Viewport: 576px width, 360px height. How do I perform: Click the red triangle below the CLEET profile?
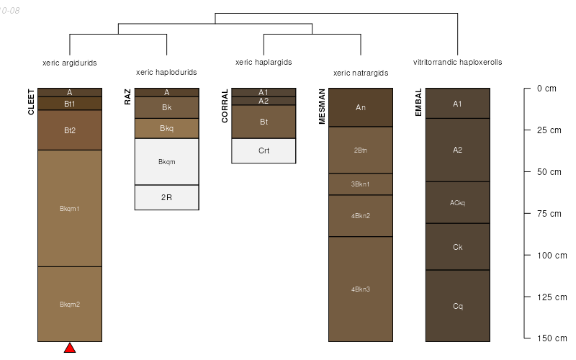70,348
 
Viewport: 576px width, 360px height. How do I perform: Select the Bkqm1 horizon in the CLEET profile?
70,209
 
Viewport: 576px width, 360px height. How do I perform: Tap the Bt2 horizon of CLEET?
70,130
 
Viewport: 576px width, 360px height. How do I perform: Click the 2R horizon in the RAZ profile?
166,197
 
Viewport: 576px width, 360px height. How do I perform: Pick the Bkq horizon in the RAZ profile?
166,129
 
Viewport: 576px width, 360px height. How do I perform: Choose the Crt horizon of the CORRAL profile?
264,150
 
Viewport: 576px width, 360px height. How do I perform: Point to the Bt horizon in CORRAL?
264,122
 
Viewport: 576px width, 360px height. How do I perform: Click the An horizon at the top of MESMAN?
361,107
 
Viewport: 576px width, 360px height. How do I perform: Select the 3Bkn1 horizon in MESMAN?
361,184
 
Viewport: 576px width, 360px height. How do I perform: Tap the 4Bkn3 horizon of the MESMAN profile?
361,289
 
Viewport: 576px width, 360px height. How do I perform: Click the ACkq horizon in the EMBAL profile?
457,202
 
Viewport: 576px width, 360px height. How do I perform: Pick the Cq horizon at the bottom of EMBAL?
457,306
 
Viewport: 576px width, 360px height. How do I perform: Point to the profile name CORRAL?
225,106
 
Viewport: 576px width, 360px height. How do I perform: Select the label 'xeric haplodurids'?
166,73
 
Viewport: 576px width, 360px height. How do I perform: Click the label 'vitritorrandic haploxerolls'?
457,63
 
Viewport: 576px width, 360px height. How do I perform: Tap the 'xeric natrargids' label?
361,73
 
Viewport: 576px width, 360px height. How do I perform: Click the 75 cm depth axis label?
547,214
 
